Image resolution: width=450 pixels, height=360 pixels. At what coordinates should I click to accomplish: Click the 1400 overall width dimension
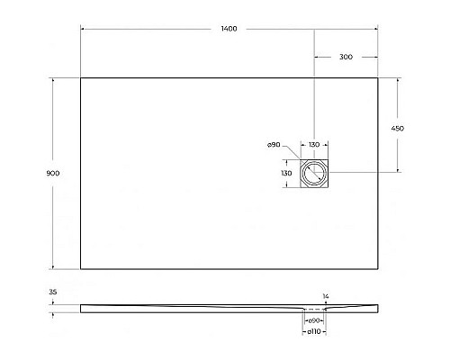[228, 30]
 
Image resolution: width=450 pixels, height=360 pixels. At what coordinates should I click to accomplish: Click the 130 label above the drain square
[314, 145]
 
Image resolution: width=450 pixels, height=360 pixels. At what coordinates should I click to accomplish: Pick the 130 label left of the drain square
[286, 173]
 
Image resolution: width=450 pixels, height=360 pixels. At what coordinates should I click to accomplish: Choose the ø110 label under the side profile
[314, 332]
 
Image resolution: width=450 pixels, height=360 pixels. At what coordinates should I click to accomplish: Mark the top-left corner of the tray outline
[81, 77]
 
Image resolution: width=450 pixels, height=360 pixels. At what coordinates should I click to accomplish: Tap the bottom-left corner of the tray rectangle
[81, 268]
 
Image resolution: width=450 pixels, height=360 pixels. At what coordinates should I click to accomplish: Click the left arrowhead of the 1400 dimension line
[83, 30]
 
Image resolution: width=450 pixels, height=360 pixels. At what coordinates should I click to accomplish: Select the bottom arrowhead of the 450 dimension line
[398, 171]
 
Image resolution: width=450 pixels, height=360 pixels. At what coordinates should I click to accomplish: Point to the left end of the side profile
[81, 307]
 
